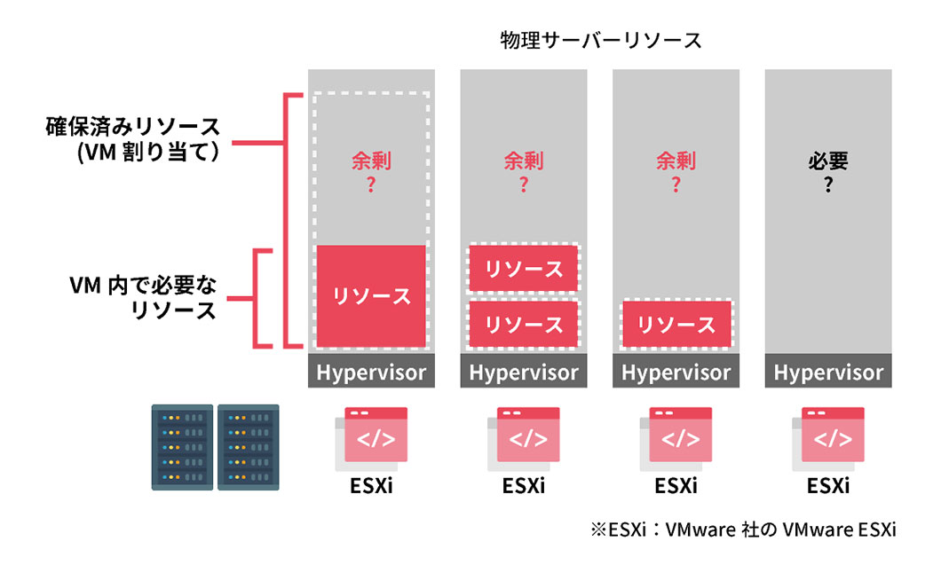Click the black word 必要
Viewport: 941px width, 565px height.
pyautogui.click(x=828, y=162)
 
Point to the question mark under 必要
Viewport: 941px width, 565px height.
pyautogui.click(x=828, y=186)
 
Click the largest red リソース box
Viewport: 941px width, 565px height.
pyautogui.click(x=371, y=295)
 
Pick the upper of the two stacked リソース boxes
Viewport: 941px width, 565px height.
pyautogui.click(x=524, y=268)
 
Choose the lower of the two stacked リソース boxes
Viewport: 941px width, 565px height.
pyautogui.click(x=524, y=324)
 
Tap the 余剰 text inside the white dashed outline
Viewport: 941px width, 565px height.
pyautogui.click(x=371, y=162)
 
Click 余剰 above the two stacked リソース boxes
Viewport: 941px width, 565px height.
pyautogui.click(x=524, y=162)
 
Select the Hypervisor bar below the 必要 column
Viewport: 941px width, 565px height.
pyautogui.click(x=828, y=373)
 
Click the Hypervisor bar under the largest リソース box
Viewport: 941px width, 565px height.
pyautogui.click(x=371, y=373)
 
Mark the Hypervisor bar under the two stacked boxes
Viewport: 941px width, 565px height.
pyautogui.click(x=524, y=373)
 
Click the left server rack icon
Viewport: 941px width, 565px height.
pyautogui.click(x=183, y=447)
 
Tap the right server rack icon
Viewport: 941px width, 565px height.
pyautogui.click(x=249, y=447)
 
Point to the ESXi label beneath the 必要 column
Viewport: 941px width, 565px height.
pyautogui.click(x=828, y=487)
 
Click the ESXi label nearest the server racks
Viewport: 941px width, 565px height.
pyautogui.click(x=371, y=487)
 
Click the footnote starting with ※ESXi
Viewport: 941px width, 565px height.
pyautogui.click(x=743, y=530)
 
